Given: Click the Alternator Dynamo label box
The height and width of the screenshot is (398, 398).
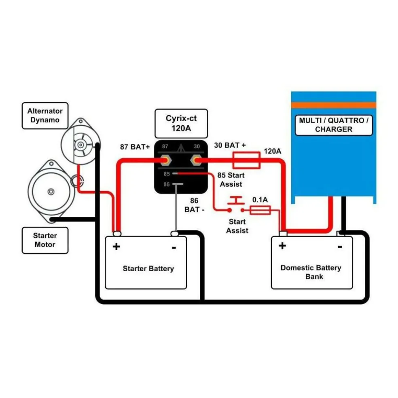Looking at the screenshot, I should point(45,116).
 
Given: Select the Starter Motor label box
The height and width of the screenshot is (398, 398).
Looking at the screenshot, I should point(45,240).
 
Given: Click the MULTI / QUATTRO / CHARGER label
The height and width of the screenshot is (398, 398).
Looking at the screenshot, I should point(334,125).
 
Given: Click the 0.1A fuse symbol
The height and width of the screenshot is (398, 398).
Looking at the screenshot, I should point(260,210).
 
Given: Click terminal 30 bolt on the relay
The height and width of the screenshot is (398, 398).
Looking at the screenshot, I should point(197,161).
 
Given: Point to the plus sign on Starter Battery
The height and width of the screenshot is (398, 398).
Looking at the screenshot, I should point(116,246).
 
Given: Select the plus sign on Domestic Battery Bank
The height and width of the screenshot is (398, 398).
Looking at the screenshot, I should point(282,246).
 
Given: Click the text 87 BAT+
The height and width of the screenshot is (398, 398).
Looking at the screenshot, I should point(134,146).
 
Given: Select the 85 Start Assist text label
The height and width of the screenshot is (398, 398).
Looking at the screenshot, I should point(231,180).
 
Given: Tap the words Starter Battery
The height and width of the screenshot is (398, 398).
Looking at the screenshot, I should point(148,269).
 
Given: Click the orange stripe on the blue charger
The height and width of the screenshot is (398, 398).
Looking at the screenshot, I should point(334,105).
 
